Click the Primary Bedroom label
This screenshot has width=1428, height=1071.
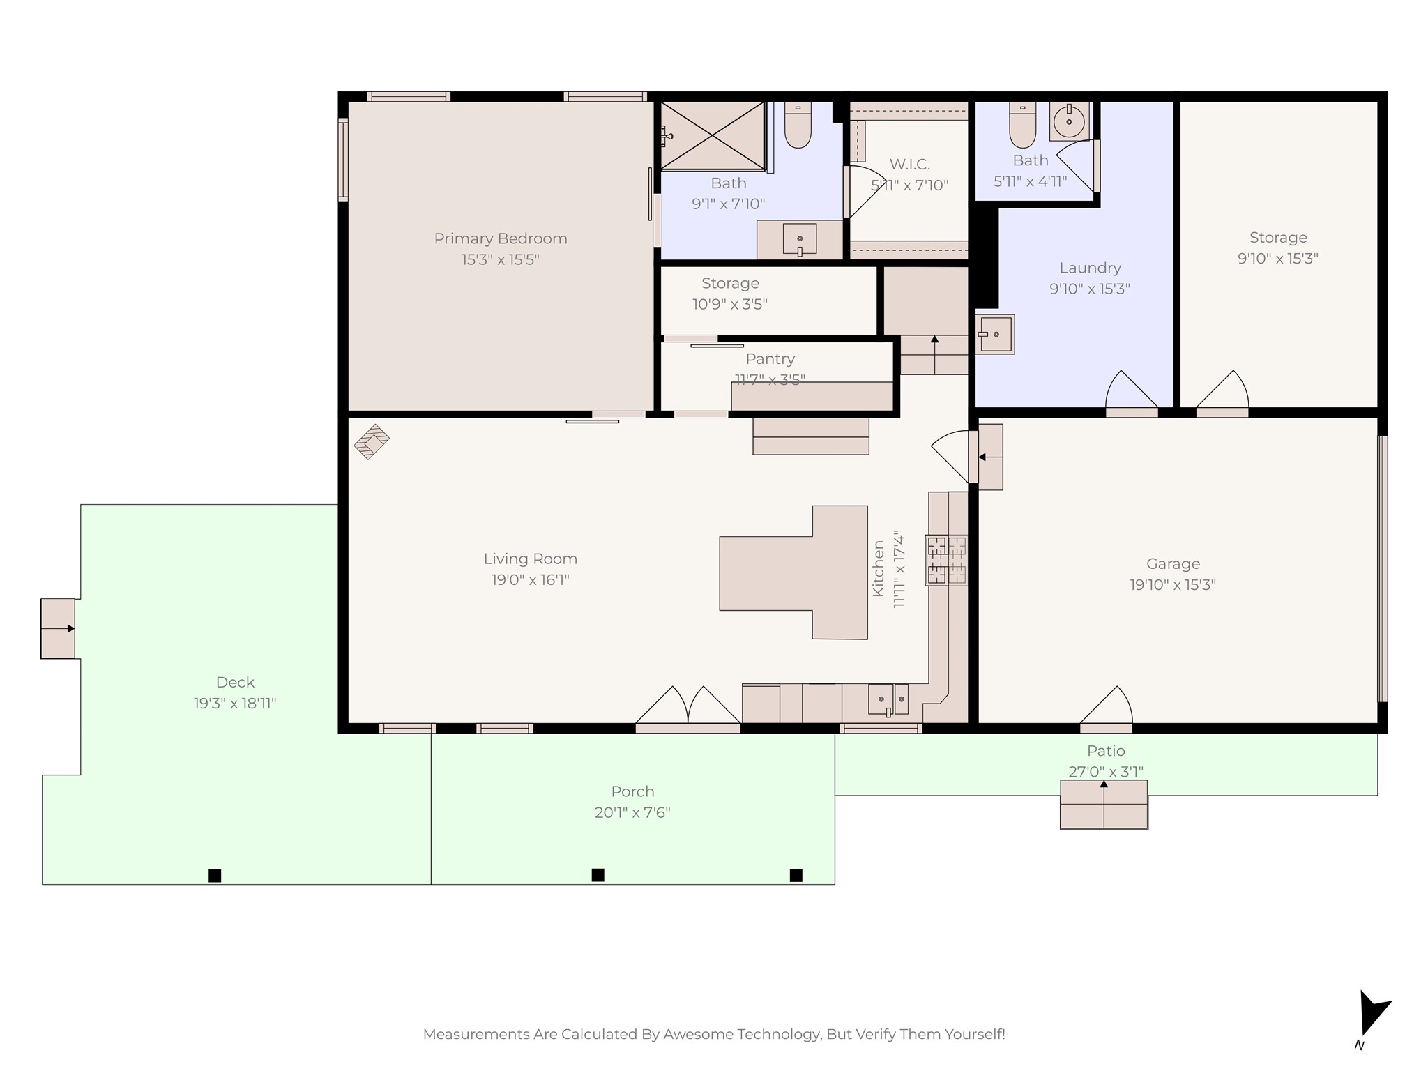point(501,238)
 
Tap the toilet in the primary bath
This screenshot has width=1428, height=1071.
point(798,125)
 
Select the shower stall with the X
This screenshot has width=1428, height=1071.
point(713,135)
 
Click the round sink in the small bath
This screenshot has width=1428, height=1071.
point(1069,122)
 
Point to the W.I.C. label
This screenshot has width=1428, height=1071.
point(910,165)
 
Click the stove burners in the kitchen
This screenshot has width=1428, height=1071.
point(946,560)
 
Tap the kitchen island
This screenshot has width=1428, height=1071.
point(793,572)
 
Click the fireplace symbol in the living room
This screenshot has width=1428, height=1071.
point(372,441)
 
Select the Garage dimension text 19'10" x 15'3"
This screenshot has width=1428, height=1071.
point(1173,585)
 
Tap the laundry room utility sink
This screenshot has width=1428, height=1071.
point(995,335)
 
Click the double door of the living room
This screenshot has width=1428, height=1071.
point(688,707)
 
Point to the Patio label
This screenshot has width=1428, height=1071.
point(1106,751)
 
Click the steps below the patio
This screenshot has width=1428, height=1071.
point(1104,805)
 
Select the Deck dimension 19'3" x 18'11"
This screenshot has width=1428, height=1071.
point(235,704)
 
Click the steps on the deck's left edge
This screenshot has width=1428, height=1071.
point(58,628)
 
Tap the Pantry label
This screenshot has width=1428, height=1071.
point(770,359)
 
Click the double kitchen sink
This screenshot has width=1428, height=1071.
point(888,699)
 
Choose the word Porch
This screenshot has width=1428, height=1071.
point(632,792)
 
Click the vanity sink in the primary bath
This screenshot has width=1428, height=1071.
point(800,240)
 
